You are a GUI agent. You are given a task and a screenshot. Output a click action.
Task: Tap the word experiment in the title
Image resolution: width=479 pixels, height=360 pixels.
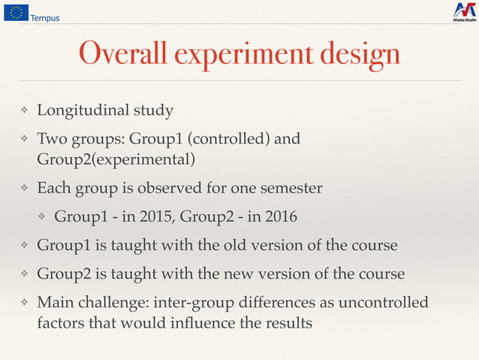pyautogui.click(x=244, y=55)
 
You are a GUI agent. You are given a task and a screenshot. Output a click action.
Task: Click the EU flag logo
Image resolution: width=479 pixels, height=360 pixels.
pyautogui.click(x=17, y=12)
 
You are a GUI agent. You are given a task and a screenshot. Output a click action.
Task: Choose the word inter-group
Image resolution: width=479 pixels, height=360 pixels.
pyautogui.click(x=191, y=302)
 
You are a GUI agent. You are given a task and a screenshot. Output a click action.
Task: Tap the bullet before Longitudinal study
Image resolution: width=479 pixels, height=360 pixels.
pyautogui.click(x=23, y=111)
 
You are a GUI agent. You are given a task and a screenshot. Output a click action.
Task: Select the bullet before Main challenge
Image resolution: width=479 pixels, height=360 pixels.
pyautogui.click(x=23, y=303)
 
